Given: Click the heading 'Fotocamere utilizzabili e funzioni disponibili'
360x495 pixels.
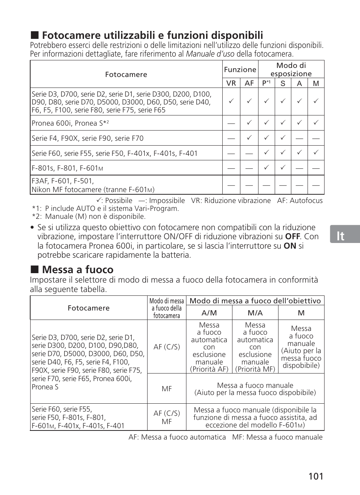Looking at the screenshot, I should pos(152,35).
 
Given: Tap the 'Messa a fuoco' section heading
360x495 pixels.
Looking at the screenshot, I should pos(77,270).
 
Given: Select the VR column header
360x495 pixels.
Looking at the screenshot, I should pos(231,83).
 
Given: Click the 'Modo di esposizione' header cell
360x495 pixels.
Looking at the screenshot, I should pos(291,70).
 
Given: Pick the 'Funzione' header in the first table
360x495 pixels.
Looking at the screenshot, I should pos(240,70).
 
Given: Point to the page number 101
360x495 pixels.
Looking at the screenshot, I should pos(315,476).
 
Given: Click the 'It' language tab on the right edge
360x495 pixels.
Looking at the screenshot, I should pos(341,236).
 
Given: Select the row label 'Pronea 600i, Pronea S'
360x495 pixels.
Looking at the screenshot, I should pos(70,123).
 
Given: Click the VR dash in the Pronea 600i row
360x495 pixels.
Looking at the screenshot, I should pos(231,123).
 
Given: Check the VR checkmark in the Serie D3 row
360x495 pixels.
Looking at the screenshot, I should pos(231,101).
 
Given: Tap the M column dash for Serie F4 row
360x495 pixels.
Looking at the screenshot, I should pos(316,138).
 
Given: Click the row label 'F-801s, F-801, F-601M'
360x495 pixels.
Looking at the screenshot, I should pos(67,168).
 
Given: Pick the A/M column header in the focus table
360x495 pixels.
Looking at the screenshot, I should pos(209,313).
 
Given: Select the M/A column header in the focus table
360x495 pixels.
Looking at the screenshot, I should pos(255,313).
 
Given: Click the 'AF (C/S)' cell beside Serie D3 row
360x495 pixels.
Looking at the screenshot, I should pos(166,347).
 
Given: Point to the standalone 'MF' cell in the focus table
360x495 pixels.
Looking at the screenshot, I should pos(166,389).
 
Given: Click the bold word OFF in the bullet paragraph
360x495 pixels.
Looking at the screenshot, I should pos(292,237).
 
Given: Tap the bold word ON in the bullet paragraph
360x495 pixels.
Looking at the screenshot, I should pos(290,246).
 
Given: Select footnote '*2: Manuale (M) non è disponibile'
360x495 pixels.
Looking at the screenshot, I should pos(89,217).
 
